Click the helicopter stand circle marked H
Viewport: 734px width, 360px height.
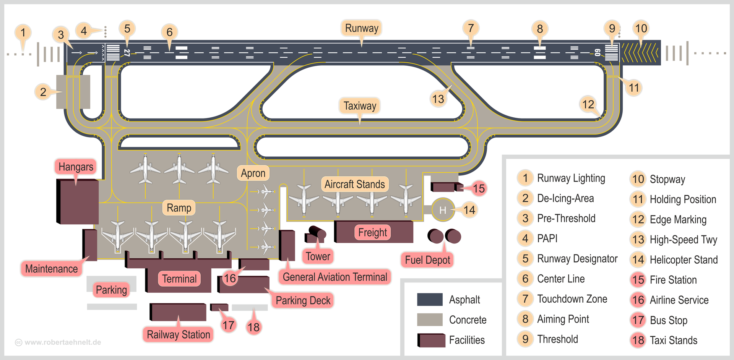click(x=443, y=210)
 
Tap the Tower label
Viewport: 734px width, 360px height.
click(x=318, y=256)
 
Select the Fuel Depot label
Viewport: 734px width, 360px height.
click(x=427, y=260)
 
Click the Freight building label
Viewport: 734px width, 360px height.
click(x=372, y=232)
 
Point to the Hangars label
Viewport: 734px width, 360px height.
click(x=76, y=167)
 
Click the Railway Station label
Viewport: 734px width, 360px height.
click(x=178, y=335)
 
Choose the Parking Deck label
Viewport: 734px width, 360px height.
click(x=303, y=301)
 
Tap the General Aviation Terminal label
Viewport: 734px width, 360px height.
click(x=335, y=277)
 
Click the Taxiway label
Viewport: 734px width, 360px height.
click(x=360, y=106)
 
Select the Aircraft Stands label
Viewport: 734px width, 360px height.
click(x=354, y=184)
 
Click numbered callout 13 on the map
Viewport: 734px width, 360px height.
click(x=438, y=99)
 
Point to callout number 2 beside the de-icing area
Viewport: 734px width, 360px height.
click(x=43, y=92)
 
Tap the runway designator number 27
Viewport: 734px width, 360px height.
click(x=127, y=53)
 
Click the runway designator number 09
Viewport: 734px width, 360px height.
click(x=597, y=53)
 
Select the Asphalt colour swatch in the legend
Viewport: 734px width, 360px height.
click(x=430, y=300)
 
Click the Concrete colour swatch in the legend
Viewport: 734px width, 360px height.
click(x=430, y=319)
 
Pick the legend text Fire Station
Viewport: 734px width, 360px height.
click(x=673, y=280)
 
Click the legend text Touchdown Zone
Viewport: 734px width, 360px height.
click(x=572, y=299)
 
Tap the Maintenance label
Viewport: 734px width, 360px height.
click(x=51, y=269)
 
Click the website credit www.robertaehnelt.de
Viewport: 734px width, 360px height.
click(x=62, y=342)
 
